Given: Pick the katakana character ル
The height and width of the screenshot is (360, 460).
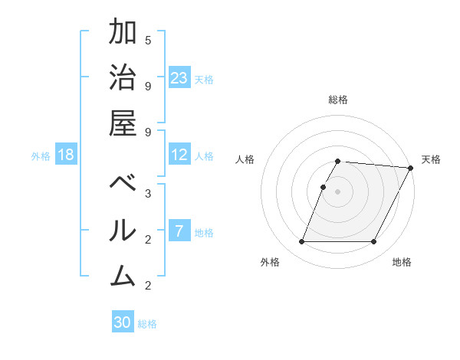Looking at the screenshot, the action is pyautogui.click(x=123, y=231).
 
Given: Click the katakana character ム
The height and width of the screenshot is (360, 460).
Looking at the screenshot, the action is pyautogui.click(x=123, y=276).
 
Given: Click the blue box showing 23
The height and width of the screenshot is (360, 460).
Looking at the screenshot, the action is pyautogui.click(x=179, y=78).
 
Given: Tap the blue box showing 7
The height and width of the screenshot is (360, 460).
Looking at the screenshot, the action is pyautogui.click(x=179, y=231).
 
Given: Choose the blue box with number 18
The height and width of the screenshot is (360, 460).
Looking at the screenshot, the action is pyautogui.click(x=66, y=155).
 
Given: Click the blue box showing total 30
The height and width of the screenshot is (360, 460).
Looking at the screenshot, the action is pyautogui.click(x=123, y=322).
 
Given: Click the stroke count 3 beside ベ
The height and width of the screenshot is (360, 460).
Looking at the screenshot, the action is pyautogui.click(x=148, y=194).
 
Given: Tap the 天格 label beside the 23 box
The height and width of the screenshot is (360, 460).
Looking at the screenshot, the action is pyautogui.click(x=204, y=79).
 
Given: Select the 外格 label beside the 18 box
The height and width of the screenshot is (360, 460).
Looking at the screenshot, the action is pyautogui.click(x=41, y=156).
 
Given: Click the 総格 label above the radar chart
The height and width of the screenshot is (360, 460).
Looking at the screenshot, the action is pyautogui.click(x=337, y=100).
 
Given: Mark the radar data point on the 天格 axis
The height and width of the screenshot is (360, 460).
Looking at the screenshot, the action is pyautogui.click(x=411, y=168).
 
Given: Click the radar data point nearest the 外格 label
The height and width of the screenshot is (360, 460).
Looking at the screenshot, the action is pyautogui.click(x=301, y=242).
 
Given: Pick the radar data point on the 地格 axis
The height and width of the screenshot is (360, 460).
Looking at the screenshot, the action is pyautogui.click(x=374, y=242).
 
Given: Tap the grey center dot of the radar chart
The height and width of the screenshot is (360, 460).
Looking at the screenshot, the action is pyautogui.click(x=337, y=191).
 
